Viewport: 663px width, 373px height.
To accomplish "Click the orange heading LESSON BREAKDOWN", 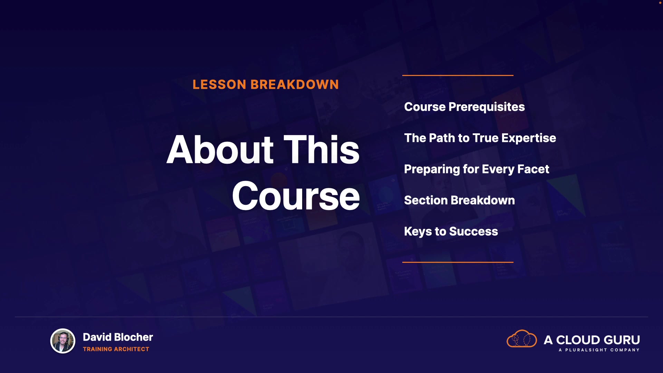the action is pos(266,85).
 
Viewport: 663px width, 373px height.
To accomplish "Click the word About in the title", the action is pos(220,150).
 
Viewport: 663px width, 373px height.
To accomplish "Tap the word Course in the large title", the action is pos(296,196).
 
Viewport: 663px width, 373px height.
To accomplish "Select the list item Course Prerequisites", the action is pos(464,107).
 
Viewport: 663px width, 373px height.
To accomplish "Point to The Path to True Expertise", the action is pos(480,138).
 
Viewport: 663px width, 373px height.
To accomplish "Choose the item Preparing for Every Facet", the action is pos(477,169).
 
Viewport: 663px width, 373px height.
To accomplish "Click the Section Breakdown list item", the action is pos(459,200).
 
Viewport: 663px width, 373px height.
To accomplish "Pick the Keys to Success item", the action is pos(451,231).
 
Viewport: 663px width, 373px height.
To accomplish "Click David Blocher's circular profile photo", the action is pos(63,341).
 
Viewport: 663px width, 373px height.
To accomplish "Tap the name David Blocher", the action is pos(118,337).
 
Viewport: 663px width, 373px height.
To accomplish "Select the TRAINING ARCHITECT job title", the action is pos(116,349).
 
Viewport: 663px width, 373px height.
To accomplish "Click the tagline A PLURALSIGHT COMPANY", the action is pos(599,350).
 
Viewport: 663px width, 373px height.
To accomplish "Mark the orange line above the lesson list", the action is pos(458,75).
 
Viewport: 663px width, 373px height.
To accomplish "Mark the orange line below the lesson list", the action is pos(458,262).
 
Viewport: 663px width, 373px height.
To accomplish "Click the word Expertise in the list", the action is pos(529,138).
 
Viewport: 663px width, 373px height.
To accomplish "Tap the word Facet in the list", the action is pos(533,169).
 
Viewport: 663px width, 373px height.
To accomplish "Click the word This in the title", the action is pos(321,150).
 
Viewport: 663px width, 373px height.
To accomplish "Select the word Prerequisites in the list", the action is pos(487,107).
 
